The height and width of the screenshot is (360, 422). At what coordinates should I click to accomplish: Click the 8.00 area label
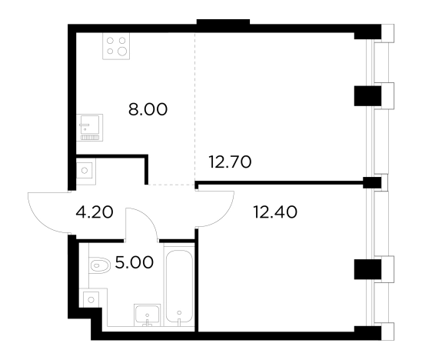tap(148, 109)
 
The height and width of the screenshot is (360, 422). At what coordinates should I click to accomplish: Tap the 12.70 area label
tap(230, 162)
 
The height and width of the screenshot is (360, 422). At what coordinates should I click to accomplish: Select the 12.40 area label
tap(275, 212)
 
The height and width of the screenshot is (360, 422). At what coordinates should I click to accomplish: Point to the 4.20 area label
tap(95, 212)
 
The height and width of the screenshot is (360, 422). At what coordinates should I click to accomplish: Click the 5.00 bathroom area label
tap(135, 262)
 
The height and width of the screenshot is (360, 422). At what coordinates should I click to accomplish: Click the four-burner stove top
tap(116, 46)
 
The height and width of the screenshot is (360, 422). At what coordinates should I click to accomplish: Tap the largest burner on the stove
tap(122, 51)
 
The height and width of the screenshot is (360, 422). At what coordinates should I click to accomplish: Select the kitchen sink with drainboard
tap(90, 128)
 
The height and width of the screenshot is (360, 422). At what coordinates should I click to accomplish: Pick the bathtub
tap(179, 286)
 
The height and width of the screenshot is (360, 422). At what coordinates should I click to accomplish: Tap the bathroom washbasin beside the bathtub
tap(148, 315)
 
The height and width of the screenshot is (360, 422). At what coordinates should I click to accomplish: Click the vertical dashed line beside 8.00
tap(194, 107)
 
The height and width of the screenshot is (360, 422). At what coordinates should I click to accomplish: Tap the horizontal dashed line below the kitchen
tap(171, 185)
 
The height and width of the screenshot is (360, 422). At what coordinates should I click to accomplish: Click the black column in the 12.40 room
tap(367, 269)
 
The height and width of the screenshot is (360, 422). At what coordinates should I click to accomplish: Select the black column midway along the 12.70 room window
tap(367, 96)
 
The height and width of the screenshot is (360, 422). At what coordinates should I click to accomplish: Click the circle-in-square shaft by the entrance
tap(85, 171)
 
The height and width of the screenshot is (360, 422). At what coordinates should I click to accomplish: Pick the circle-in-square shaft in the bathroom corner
tap(91, 299)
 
